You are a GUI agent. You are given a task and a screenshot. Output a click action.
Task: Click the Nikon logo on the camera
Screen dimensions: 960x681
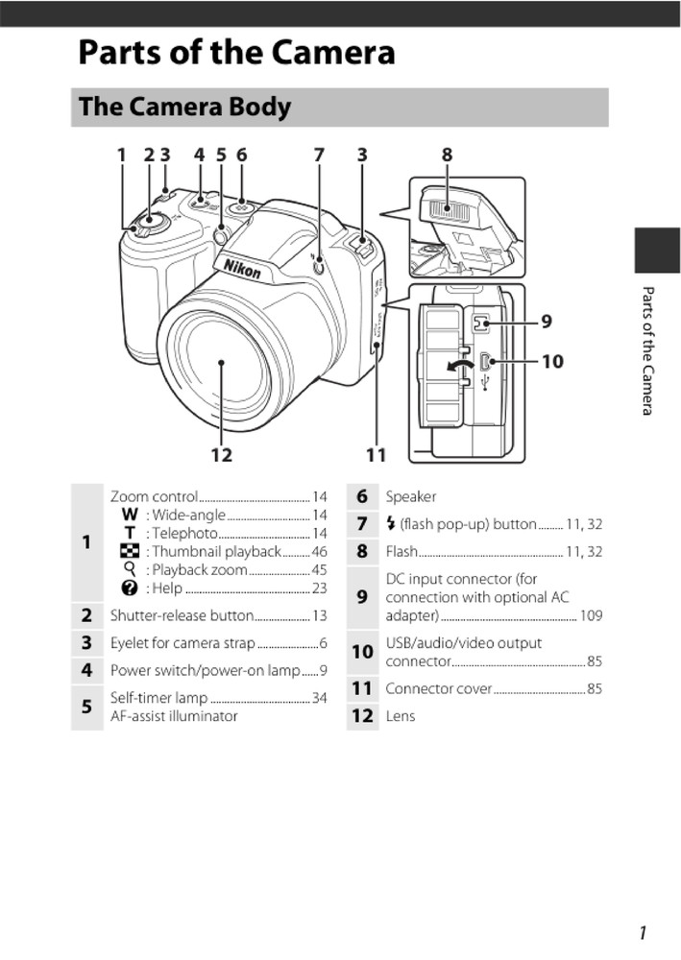242,268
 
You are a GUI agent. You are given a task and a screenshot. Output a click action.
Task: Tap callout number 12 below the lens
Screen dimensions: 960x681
222,454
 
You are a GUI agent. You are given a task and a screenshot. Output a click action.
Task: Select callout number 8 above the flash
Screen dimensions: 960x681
447,155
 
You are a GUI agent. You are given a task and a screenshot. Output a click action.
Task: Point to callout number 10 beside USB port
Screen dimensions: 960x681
552,362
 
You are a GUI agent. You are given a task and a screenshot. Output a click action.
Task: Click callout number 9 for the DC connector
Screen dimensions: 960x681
547,322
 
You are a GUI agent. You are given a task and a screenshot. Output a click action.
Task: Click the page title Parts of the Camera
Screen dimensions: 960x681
236,52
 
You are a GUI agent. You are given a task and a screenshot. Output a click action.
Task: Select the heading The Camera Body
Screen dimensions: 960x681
184,107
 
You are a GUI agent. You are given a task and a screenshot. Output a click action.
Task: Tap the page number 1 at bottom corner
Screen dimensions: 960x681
641,932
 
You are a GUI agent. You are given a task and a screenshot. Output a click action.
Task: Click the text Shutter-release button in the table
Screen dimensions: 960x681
182,615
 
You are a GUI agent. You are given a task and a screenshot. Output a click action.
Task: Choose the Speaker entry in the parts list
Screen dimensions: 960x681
410,496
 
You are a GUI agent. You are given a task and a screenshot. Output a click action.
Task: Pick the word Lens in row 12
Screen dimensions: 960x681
400,715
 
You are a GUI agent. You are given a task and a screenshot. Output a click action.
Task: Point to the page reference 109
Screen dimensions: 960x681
591,615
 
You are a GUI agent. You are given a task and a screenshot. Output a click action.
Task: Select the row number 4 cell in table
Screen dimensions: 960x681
86,670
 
